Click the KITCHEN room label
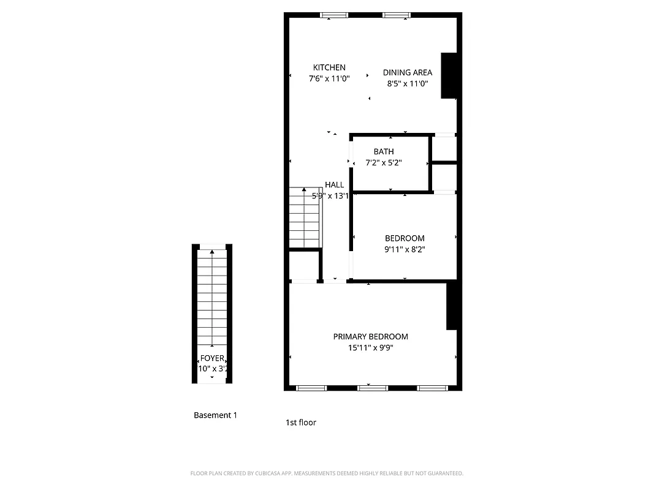pyautogui.click(x=329, y=67)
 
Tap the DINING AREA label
pyautogui.click(x=407, y=72)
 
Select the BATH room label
pyautogui.click(x=384, y=151)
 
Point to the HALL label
pyautogui.click(x=334, y=184)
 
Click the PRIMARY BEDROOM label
pyautogui.click(x=370, y=336)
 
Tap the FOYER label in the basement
pyautogui.click(x=212, y=358)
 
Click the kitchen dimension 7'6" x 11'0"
pyautogui.click(x=329, y=78)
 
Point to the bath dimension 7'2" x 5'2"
pyautogui.click(x=384, y=163)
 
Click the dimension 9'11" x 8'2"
pyautogui.click(x=405, y=249)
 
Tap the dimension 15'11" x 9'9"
pyautogui.click(x=370, y=348)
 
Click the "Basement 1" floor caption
pyautogui.click(x=215, y=415)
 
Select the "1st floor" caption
pyautogui.click(x=301, y=422)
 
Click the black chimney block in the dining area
pyautogui.click(x=449, y=75)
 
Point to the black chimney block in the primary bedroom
pyautogui.click(x=452, y=305)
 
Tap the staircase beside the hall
pyautogui.click(x=305, y=217)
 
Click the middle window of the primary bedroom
pyautogui.click(x=373, y=388)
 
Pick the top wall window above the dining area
pyautogui.click(x=397, y=15)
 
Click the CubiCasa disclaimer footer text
pyautogui.click(x=327, y=473)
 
